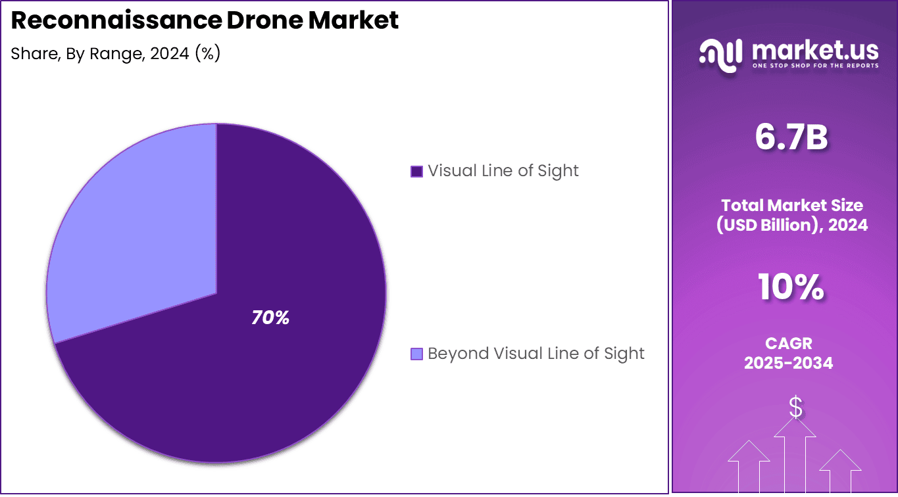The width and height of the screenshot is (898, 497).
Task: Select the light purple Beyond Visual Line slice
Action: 132,230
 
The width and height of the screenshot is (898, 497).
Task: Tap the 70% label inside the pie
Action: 270,318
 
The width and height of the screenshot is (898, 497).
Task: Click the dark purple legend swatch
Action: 416,172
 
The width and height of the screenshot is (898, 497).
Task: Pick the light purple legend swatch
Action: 416,354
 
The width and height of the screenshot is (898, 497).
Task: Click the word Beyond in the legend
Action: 457,354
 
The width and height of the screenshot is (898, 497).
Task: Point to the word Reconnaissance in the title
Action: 116,20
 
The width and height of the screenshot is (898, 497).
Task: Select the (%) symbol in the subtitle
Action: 207,54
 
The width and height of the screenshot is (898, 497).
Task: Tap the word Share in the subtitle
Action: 33,54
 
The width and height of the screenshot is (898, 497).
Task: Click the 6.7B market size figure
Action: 791,139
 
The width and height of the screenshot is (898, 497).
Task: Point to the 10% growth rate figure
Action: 790,287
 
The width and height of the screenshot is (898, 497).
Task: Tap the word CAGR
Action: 788,343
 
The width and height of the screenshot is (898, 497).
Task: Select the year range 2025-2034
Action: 788,363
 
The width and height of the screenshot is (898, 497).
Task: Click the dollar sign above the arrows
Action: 795,408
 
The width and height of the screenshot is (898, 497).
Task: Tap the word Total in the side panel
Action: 741,205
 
